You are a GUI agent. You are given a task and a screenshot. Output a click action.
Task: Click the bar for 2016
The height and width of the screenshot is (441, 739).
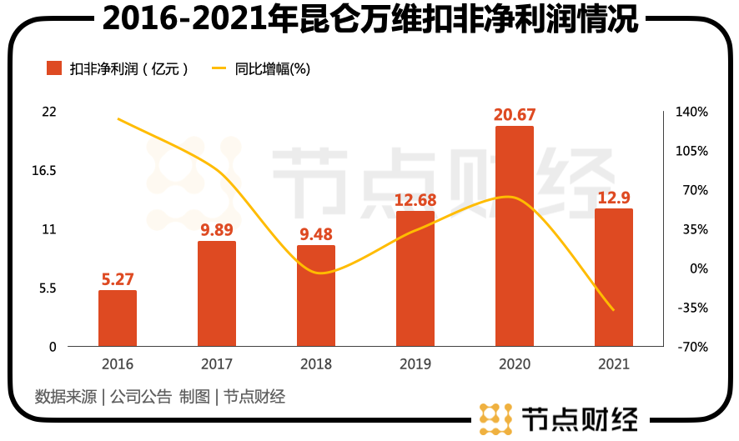[118, 318]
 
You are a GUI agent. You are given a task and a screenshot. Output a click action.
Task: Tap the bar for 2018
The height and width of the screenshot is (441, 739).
[316, 296]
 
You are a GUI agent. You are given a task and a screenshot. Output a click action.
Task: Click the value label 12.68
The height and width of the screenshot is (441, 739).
[415, 200]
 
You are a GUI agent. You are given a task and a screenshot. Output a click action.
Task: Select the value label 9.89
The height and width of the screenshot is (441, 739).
[217, 230]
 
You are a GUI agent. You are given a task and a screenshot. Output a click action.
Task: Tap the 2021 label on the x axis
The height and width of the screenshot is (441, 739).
[613, 364]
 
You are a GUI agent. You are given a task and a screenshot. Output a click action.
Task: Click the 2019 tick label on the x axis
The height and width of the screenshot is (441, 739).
[415, 364]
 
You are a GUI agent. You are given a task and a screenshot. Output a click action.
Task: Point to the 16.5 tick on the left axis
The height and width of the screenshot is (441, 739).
[43, 171]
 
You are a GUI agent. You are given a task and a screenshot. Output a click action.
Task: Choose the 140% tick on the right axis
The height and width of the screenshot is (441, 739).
[692, 112]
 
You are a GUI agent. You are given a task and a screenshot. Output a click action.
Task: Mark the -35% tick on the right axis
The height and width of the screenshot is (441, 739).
[691, 308]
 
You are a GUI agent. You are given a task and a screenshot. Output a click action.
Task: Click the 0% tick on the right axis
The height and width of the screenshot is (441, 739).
[697, 268]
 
